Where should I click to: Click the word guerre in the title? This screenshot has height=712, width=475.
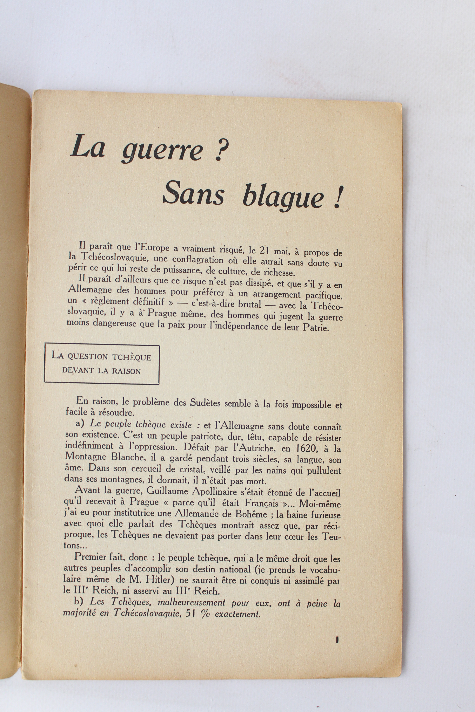tap(162, 151)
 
